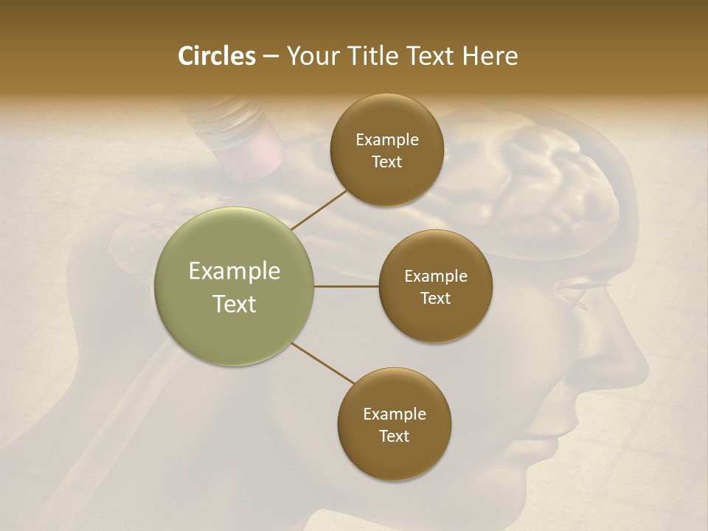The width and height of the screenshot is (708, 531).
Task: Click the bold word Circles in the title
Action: coord(217,56)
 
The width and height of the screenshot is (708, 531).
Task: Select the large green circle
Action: coord(235,286)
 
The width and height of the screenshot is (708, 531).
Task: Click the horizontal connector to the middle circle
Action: coord(347,286)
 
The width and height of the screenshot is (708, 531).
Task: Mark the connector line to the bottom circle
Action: coord(323,363)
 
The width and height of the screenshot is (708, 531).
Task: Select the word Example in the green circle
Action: coord(235,271)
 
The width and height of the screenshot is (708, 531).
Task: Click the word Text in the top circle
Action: coord(386,162)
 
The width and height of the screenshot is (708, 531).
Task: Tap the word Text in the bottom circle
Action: coord(394,436)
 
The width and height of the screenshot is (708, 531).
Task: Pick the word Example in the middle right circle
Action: coord(435,277)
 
